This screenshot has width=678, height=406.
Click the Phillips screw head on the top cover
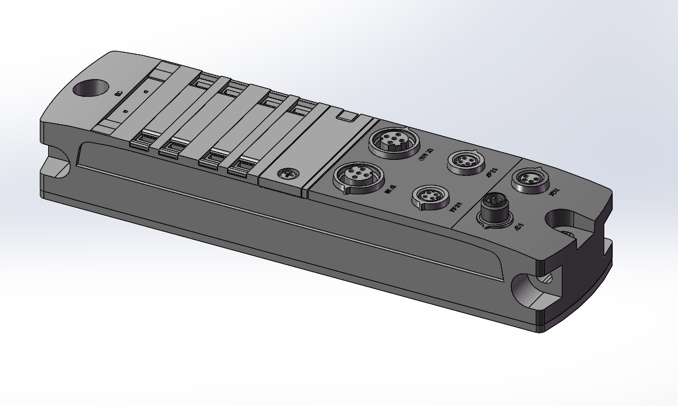[x=287, y=174]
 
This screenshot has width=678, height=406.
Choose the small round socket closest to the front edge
[x=431, y=197]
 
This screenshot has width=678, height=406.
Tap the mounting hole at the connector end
[x=566, y=224]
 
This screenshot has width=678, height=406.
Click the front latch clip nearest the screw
[x=240, y=168]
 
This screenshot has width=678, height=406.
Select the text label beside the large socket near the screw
[x=390, y=190]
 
